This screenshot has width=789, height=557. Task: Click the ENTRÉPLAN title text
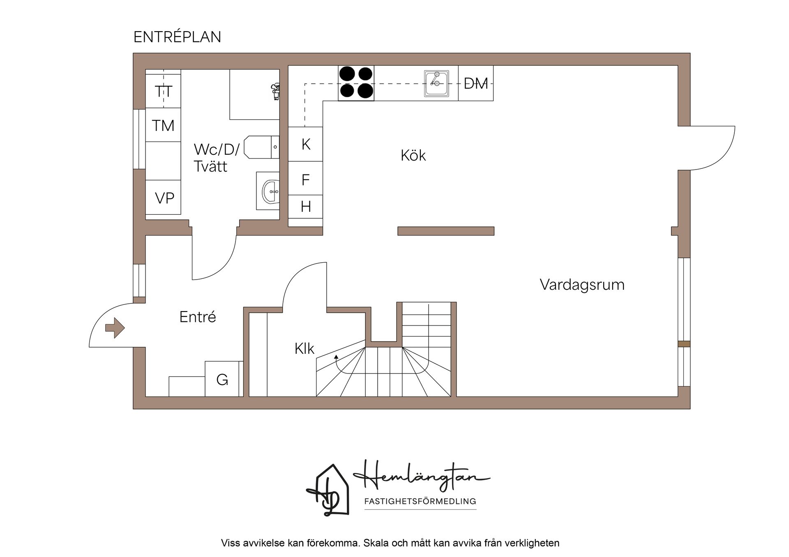[177, 37]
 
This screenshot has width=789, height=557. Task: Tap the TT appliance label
[163, 91]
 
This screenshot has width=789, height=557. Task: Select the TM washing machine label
[163, 125]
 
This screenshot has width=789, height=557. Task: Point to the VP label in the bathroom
[164, 198]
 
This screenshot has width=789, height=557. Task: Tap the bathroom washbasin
[270, 191]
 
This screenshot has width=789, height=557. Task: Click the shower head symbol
[275, 91]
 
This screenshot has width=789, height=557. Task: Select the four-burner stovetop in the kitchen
[356, 83]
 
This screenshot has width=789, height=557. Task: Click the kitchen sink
[436, 83]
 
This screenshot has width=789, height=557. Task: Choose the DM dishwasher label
[476, 83]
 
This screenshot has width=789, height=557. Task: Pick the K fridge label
[306, 144]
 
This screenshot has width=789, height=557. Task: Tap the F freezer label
[305, 179]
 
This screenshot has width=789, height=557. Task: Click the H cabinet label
[306, 206]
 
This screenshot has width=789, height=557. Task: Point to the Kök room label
[413, 155]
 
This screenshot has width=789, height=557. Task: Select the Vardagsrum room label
[582, 284]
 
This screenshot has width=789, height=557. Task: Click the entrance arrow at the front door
[115, 328]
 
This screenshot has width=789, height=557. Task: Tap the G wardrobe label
[222, 380]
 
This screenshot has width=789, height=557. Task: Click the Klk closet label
[304, 348]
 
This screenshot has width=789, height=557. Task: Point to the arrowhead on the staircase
[336, 357]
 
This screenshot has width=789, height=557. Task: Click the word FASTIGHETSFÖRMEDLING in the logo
[420, 501]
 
